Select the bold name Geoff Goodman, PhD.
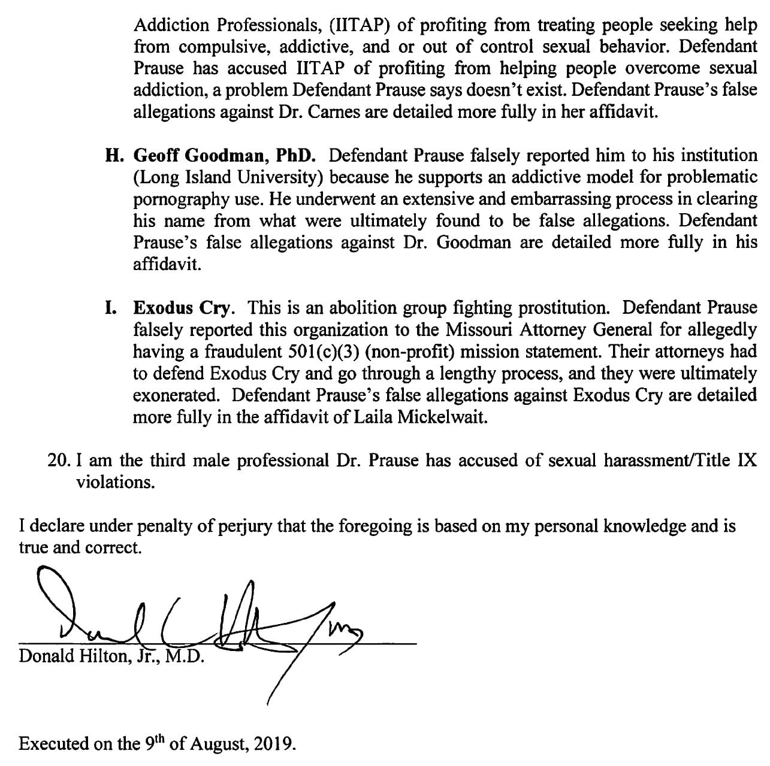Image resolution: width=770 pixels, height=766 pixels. pos(224,155)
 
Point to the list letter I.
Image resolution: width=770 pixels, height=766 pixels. pos(110,308)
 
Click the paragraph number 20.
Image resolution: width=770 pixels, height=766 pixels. pos(58,461)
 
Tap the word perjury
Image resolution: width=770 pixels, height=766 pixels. pos(245,526)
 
